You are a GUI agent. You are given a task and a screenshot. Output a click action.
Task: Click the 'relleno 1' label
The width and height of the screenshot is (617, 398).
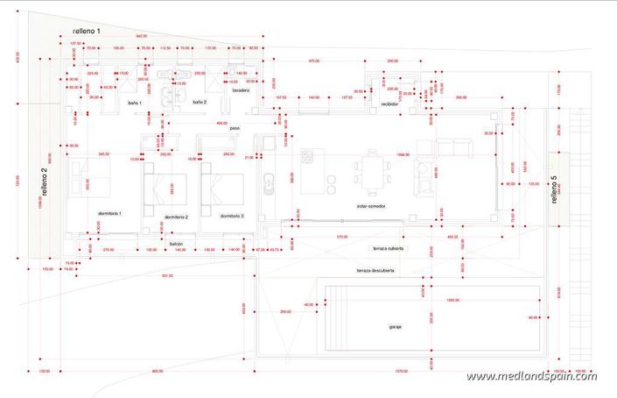(87, 31)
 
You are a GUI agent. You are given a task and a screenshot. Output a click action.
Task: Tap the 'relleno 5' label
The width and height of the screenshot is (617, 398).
(553, 189)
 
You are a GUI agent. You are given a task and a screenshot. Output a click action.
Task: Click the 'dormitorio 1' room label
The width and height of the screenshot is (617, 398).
(109, 213)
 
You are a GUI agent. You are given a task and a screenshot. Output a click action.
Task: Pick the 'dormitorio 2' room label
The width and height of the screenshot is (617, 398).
(176, 217)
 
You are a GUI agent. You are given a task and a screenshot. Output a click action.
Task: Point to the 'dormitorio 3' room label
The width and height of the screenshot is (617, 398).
(232, 216)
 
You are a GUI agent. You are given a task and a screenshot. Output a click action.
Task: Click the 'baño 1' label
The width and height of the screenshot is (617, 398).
(135, 103)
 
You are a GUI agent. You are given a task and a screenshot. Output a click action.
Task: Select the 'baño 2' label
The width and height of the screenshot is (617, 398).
(199, 102)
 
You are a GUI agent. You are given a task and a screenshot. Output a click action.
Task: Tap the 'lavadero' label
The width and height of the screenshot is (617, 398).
(242, 89)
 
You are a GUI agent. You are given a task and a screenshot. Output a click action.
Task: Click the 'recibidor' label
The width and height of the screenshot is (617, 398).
(389, 103)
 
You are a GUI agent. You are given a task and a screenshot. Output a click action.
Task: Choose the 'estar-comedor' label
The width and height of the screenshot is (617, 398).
(372, 206)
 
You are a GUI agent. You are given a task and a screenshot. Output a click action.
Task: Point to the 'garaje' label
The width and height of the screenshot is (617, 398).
(396, 327)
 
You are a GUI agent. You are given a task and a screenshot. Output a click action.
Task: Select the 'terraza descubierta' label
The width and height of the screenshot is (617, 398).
(375, 271)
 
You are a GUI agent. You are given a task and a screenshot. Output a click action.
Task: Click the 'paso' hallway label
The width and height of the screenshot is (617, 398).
(235, 128)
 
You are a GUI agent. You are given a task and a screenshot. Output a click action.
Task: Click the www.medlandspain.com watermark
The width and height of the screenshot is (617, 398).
(531, 376)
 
